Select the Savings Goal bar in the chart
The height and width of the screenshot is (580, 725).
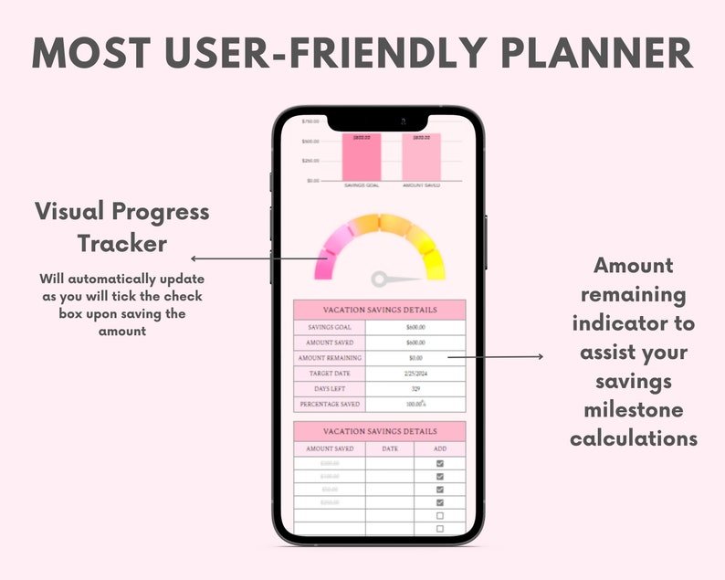(362, 158)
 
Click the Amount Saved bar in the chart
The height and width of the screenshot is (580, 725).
(421, 158)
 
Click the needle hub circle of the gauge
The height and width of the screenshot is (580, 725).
(380, 279)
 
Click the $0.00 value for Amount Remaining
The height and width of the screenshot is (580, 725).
(415, 358)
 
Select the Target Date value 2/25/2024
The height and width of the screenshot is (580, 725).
(415, 374)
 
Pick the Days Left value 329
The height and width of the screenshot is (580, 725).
(415, 389)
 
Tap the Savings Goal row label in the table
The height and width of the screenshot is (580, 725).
(330, 327)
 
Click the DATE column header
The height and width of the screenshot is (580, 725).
(390, 448)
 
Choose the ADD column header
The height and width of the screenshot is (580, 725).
(439, 448)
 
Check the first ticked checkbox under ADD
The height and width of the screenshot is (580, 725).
(439, 463)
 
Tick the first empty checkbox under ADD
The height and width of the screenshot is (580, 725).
(439, 515)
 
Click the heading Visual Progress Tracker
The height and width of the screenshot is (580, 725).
(121, 227)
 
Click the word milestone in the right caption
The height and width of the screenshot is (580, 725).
(634, 408)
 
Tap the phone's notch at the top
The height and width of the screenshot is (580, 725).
(378, 121)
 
